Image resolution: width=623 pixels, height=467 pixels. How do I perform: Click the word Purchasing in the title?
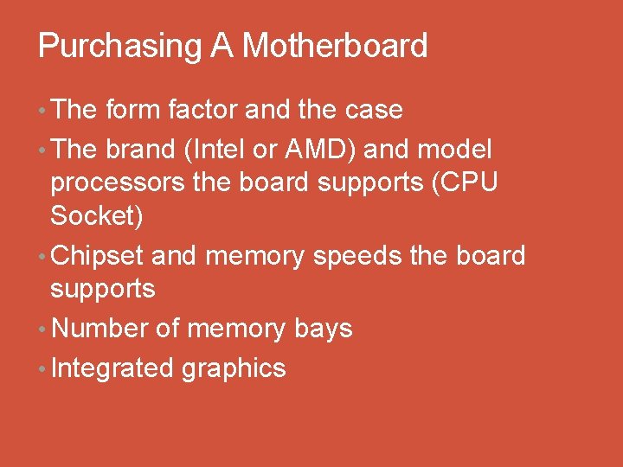tap(119, 46)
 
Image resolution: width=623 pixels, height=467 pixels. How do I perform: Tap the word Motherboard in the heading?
tap(335, 46)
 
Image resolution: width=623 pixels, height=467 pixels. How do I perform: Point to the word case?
tap(374, 110)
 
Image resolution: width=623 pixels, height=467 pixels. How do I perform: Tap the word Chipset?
tap(98, 256)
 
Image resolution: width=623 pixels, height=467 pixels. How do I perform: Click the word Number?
tap(100, 329)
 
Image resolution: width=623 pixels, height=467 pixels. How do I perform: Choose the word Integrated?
tap(112, 368)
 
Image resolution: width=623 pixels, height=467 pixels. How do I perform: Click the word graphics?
tap(234, 368)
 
